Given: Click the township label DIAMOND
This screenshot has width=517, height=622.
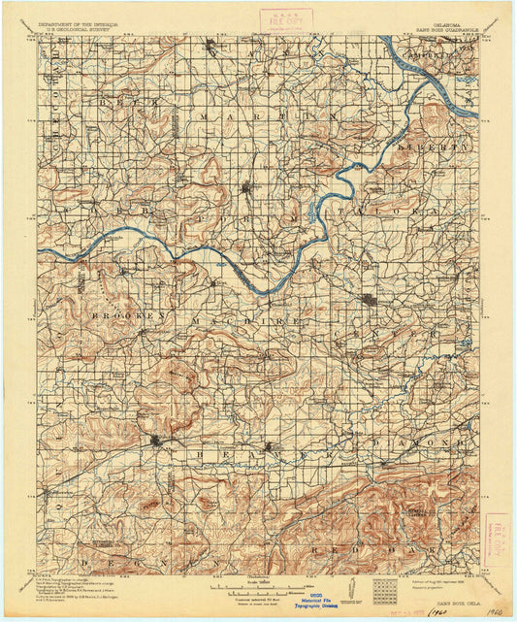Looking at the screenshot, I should (x=423, y=442).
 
